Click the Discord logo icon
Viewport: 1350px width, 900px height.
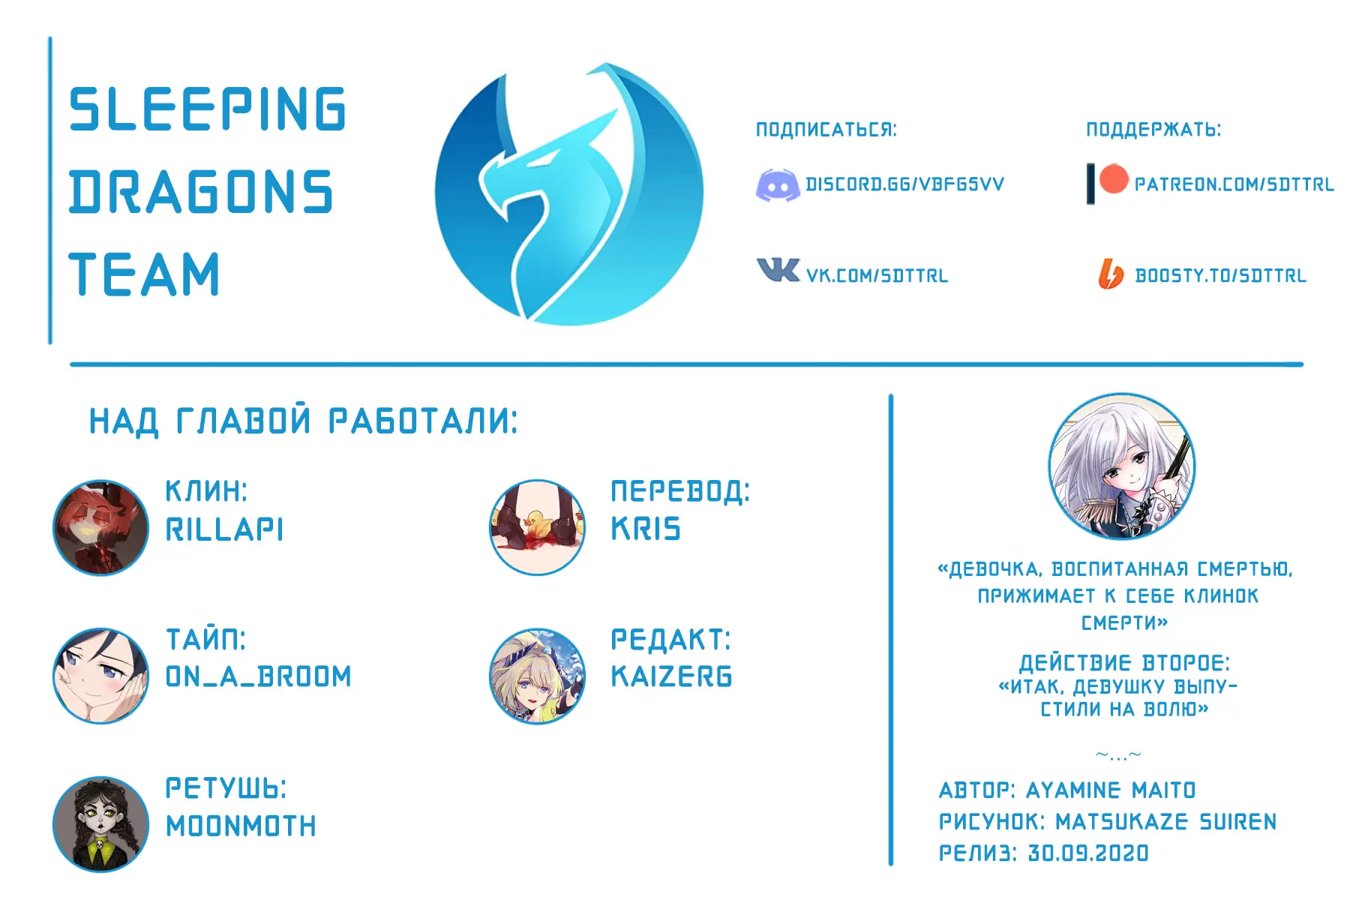[777, 184]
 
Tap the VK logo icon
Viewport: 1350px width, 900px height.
[778, 270]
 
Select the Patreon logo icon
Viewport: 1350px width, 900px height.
[1107, 183]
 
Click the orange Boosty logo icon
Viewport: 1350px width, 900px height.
[1111, 274]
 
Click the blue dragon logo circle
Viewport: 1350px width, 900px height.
[568, 194]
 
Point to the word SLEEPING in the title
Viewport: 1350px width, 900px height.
[208, 109]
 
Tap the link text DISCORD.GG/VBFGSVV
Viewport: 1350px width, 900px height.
[904, 184]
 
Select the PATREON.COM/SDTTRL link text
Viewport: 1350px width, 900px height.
[1234, 184]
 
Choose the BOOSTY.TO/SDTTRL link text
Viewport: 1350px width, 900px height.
[1220, 276]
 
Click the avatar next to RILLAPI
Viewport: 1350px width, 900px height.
[100, 528]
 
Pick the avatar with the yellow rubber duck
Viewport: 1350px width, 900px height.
[537, 528]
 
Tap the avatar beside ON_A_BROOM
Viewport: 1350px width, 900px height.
[100, 676]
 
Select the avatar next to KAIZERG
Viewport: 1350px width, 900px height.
[537, 676]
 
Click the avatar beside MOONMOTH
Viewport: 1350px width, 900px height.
[100, 824]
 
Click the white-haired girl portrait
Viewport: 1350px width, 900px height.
[1121, 466]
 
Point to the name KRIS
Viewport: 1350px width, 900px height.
[646, 529]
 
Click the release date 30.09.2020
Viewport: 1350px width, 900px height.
[1087, 853]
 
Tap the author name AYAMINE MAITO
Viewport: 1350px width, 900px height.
[1110, 790]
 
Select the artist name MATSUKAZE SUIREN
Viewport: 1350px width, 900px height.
[1165, 822]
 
